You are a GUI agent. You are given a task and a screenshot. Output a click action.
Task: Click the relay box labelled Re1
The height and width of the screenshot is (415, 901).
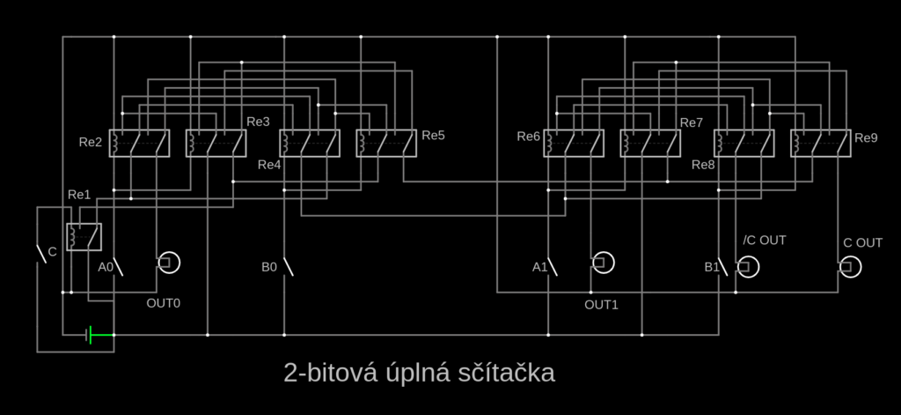click(84, 237)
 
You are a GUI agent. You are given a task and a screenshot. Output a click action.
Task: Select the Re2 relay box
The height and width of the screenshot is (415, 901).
click(139, 143)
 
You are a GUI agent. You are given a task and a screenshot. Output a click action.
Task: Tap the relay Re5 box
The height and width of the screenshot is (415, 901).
click(386, 143)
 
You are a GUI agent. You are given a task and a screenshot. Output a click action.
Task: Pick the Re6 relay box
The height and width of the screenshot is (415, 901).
click(574, 143)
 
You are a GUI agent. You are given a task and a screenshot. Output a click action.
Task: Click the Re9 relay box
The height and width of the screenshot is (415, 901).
click(820, 143)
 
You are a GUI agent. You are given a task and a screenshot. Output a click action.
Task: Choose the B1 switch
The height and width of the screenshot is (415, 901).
click(724, 265)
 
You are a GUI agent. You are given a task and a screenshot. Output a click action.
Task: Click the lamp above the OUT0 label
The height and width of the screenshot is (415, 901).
click(167, 263)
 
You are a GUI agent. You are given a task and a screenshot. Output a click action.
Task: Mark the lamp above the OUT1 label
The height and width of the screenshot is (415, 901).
click(603, 263)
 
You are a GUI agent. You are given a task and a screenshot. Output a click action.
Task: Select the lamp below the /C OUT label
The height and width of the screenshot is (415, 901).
click(747, 265)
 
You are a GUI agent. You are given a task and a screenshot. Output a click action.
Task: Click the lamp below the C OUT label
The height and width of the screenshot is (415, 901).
click(850, 265)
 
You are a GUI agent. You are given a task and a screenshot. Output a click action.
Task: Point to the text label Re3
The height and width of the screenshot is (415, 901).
click(259, 122)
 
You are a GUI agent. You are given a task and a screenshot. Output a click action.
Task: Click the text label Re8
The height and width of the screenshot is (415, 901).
click(704, 165)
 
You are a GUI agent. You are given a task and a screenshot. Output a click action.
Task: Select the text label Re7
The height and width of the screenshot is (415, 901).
click(692, 122)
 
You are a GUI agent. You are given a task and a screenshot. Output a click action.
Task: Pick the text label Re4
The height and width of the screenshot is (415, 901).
click(269, 165)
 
